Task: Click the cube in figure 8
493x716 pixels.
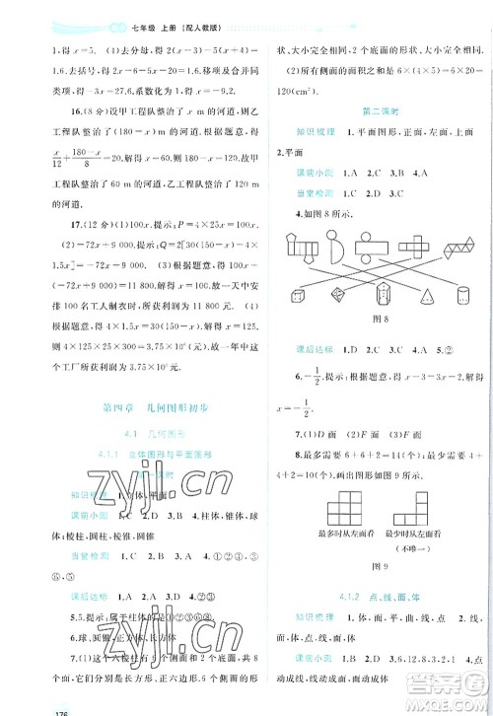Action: point(296,293)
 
